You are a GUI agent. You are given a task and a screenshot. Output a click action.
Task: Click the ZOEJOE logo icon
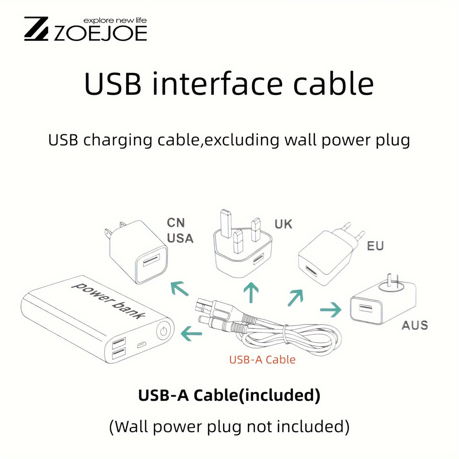tap(36, 29)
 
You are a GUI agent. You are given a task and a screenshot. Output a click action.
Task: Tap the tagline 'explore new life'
tap(115, 21)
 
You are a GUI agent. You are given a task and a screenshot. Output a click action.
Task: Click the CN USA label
tap(180, 231)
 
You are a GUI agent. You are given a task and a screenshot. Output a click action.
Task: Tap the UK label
tap(283, 224)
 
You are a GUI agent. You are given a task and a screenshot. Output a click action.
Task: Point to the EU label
tap(375, 246)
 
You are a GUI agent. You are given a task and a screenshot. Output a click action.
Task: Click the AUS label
tap(415, 326)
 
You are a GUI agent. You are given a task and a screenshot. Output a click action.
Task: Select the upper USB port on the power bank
tap(119, 342)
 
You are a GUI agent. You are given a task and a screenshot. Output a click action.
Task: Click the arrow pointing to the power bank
tap(191, 333)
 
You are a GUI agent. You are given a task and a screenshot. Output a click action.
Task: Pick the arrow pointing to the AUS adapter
tap(330, 310)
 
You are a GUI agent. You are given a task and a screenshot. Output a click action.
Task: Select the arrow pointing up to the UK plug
tap(251, 293)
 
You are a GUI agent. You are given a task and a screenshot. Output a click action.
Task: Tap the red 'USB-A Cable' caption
tap(262, 360)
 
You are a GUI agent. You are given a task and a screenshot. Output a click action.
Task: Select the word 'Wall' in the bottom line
tap(131, 426)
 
